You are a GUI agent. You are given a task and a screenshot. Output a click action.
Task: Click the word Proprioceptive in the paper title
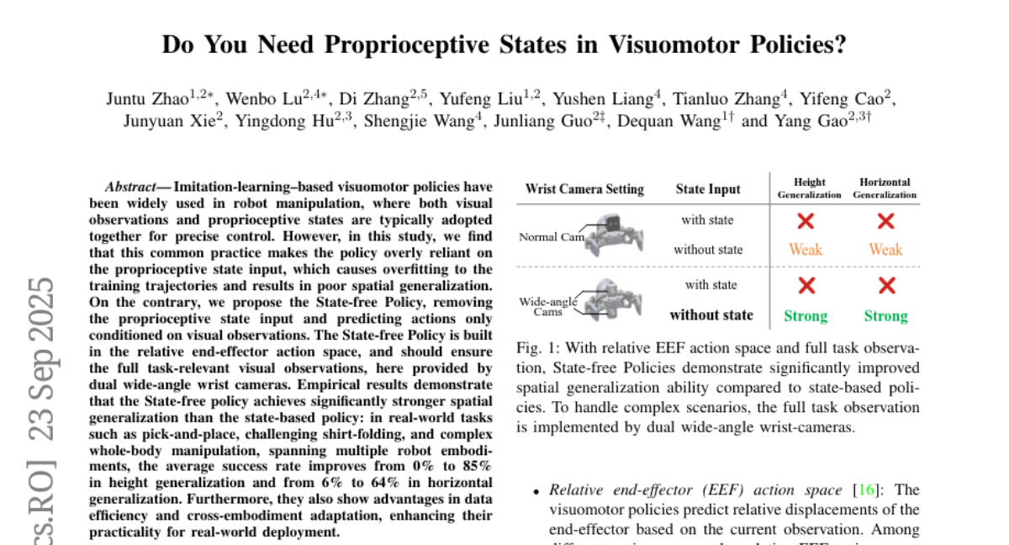pyautogui.click(x=407, y=45)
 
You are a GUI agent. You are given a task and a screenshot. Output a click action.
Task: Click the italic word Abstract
pyautogui.click(x=130, y=187)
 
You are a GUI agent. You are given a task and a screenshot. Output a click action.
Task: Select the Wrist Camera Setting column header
pyautogui.click(x=584, y=189)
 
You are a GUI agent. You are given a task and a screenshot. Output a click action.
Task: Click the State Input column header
pyautogui.click(x=707, y=189)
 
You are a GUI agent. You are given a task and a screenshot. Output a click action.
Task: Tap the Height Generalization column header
pyautogui.click(x=809, y=188)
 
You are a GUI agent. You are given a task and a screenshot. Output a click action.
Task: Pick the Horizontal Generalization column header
pyautogui.click(x=885, y=188)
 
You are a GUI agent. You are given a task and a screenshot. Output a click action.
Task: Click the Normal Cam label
pyautogui.click(x=551, y=236)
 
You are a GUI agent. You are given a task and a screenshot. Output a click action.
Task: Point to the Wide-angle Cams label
pyautogui.click(x=542, y=305)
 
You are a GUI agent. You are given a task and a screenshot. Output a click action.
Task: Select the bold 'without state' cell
pyautogui.click(x=711, y=315)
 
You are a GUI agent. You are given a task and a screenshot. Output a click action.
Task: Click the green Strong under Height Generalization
pyautogui.click(x=806, y=316)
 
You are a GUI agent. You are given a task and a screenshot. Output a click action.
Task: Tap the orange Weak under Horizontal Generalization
pyautogui.click(x=885, y=250)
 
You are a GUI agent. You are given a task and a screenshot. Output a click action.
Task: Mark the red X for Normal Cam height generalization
pyautogui.click(x=806, y=221)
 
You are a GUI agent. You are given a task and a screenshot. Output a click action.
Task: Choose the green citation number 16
pyautogui.click(x=864, y=489)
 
